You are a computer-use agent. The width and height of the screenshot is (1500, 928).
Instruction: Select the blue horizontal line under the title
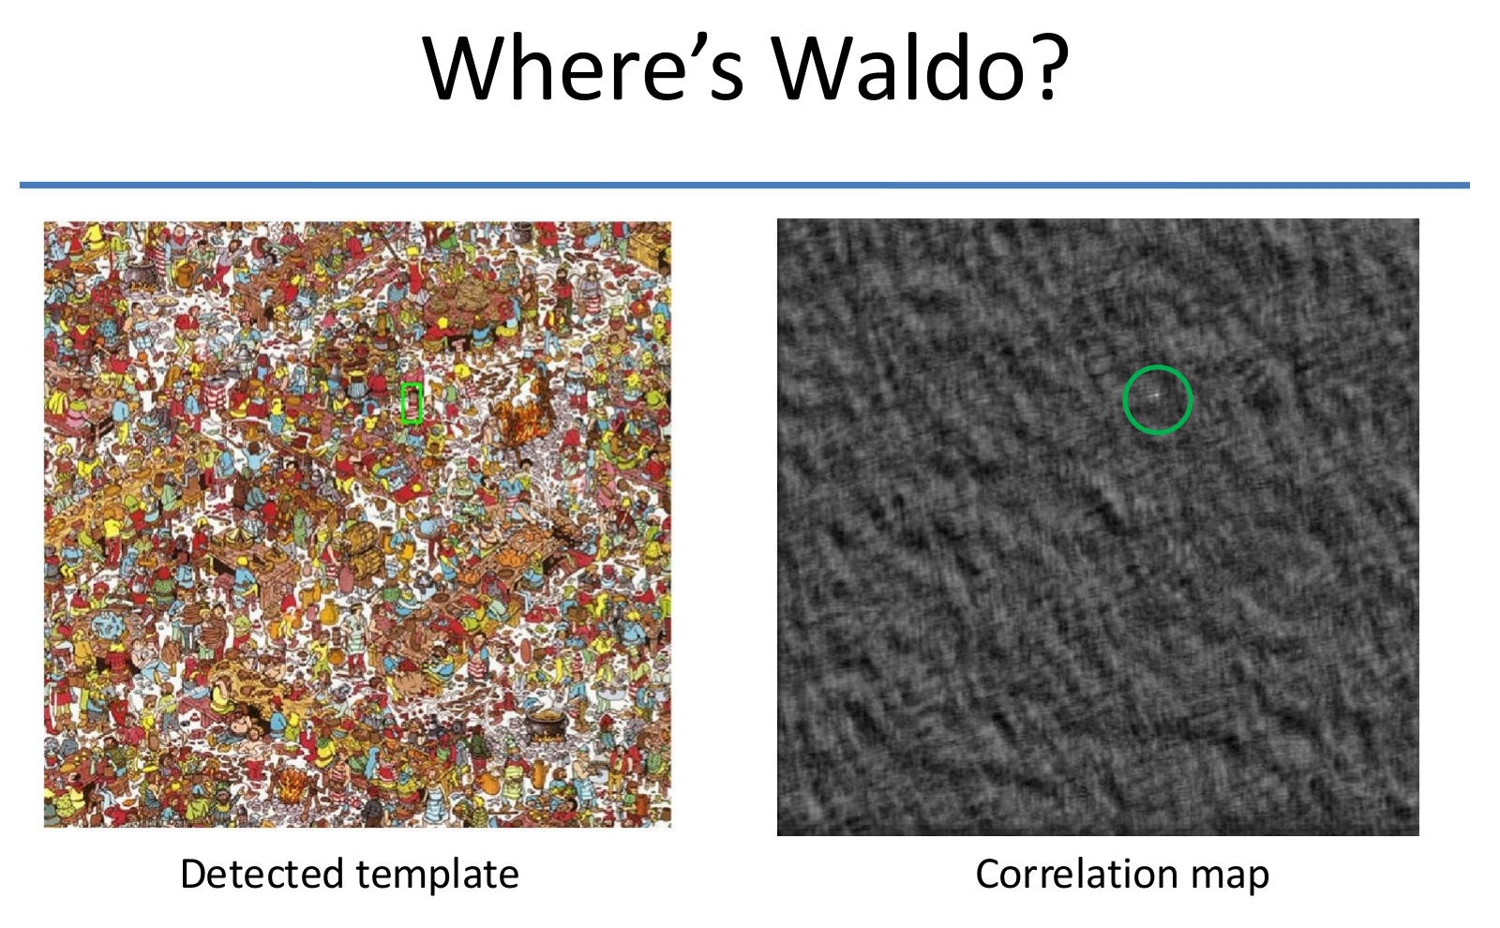(x=744, y=185)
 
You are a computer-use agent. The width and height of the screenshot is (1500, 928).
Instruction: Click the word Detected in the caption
(x=262, y=873)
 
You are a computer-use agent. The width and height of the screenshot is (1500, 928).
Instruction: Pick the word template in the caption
(x=437, y=876)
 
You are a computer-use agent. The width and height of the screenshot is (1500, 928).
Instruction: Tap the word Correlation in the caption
(x=1074, y=873)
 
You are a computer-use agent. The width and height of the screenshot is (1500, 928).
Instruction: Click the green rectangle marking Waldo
(x=402, y=403)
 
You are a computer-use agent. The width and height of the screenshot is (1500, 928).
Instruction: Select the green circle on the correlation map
(x=1124, y=399)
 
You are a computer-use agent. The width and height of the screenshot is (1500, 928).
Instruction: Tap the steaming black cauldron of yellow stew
(x=546, y=726)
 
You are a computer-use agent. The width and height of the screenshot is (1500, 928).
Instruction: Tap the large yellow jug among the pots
(x=328, y=614)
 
